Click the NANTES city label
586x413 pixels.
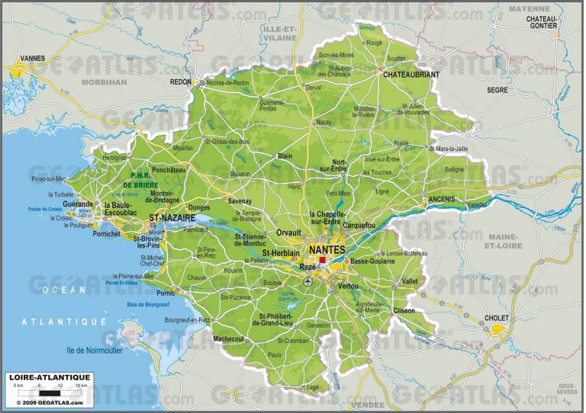326,249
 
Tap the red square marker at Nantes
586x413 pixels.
323,261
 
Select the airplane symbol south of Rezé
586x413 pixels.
307,282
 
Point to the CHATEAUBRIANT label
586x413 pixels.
411,74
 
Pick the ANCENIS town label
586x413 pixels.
443,199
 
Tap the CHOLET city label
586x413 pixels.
496,319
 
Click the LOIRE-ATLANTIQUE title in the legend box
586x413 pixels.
50,377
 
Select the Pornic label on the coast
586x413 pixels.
165,292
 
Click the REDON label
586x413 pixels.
181,81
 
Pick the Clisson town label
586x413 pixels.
405,310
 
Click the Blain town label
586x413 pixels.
284,155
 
